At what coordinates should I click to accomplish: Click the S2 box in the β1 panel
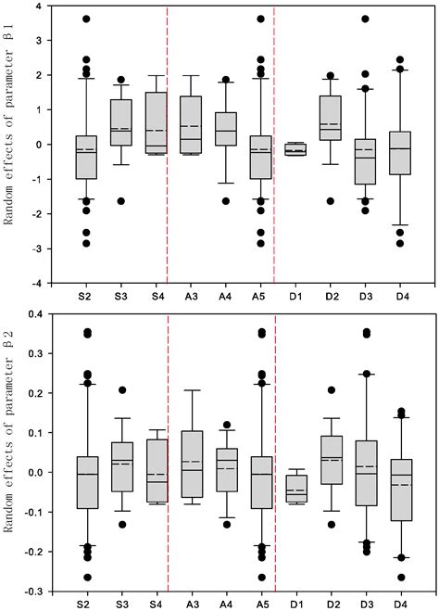[x=85, y=158]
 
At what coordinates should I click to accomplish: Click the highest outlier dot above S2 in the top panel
[x=85, y=19]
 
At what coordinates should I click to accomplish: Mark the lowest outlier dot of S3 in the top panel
[x=120, y=201]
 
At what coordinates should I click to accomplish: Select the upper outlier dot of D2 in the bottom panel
[x=330, y=390]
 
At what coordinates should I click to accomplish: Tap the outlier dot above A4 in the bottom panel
[x=227, y=425]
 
